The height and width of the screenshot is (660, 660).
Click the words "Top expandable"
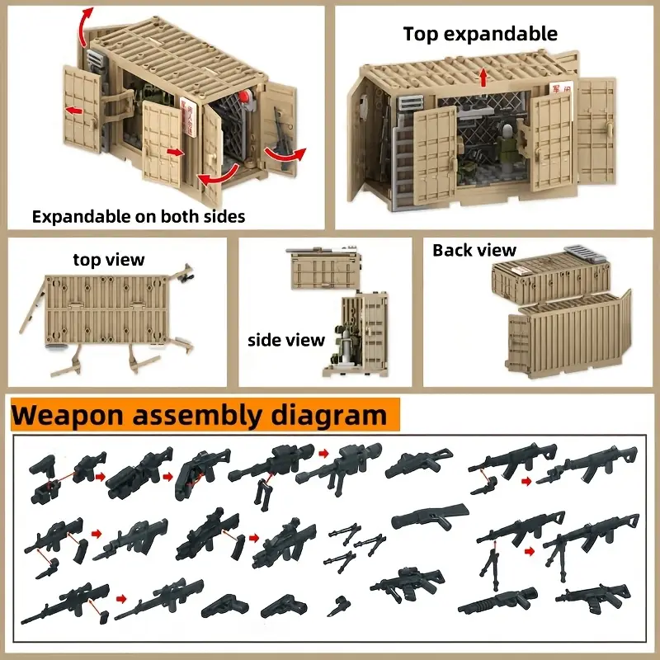(480, 34)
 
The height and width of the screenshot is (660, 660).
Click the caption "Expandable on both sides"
(139, 217)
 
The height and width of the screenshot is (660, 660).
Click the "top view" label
(109, 260)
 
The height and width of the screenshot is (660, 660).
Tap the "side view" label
(286, 339)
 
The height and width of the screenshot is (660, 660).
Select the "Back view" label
(474, 250)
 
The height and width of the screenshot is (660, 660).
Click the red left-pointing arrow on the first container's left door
(74, 110)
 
